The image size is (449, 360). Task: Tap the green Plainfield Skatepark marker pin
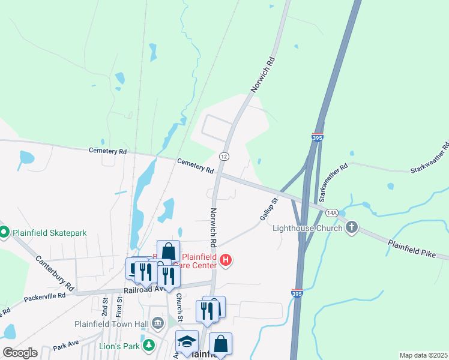tap(4, 232)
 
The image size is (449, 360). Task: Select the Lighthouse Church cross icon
tap(352, 227)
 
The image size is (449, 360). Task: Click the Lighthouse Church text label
tap(307, 228)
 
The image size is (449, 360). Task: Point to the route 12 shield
tap(224, 156)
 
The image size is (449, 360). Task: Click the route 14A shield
tap(332, 213)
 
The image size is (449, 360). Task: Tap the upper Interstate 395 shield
tap(318, 138)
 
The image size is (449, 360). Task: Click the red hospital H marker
tap(226, 260)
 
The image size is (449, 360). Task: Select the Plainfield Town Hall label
tap(112, 324)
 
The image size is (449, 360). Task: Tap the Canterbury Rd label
tap(55, 271)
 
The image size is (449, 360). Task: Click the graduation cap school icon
tap(187, 341)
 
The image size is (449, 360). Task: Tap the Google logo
tap(20, 353)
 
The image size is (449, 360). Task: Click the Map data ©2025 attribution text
tap(423, 355)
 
